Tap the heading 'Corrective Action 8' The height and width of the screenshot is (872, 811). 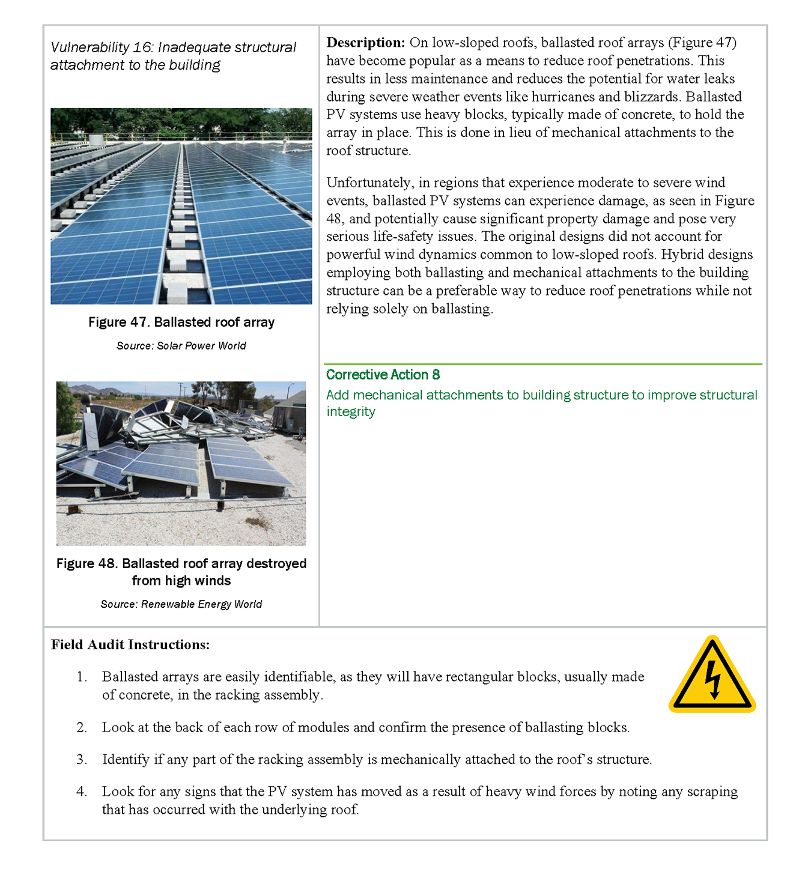(383, 375)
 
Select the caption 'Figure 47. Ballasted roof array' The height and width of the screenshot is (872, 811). (181, 322)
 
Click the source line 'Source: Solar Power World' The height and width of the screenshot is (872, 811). (181, 346)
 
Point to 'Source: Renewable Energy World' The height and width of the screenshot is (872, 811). (181, 604)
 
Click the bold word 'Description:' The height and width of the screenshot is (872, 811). (365, 43)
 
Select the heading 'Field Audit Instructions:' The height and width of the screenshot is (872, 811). (130, 645)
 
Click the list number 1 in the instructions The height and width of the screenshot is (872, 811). (81, 677)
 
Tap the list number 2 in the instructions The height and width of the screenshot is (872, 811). (82, 728)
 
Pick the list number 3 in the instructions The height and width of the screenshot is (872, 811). (82, 760)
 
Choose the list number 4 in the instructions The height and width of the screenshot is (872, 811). (82, 792)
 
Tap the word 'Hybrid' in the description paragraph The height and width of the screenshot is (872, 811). (682, 255)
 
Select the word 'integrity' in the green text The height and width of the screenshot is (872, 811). (351, 412)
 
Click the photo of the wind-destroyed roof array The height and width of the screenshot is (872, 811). (181, 464)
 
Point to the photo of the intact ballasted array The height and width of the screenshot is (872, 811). (181, 206)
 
